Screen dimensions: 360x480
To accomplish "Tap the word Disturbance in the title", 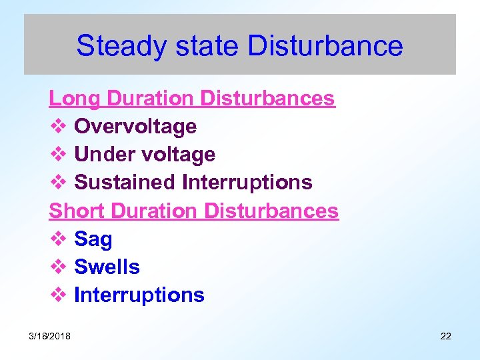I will tap(325, 47).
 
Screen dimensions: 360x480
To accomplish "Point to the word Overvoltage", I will tap(135, 127).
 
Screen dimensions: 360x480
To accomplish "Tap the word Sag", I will tap(93, 239).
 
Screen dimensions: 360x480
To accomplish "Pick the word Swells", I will tap(107, 267).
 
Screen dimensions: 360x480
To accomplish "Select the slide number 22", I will tap(446, 336).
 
